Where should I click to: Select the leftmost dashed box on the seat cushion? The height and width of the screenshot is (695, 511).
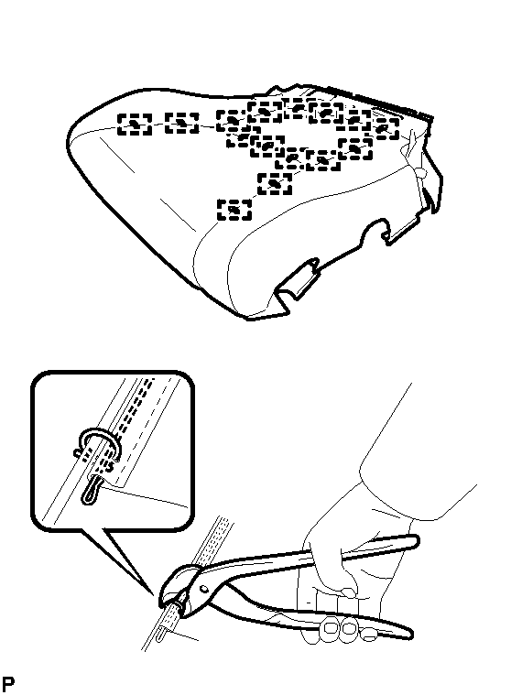[135, 125]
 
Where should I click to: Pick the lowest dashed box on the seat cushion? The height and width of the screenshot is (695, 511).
[234, 210]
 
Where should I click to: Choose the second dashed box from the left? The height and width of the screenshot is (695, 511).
[181, 123]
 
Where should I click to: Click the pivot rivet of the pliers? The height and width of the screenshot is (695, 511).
[203, 589]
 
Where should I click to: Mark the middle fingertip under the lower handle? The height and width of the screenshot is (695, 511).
[349, 626]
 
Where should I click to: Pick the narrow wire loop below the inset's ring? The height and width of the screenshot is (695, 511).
[90, 490]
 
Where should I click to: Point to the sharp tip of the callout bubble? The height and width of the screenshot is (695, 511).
[152, 594]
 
